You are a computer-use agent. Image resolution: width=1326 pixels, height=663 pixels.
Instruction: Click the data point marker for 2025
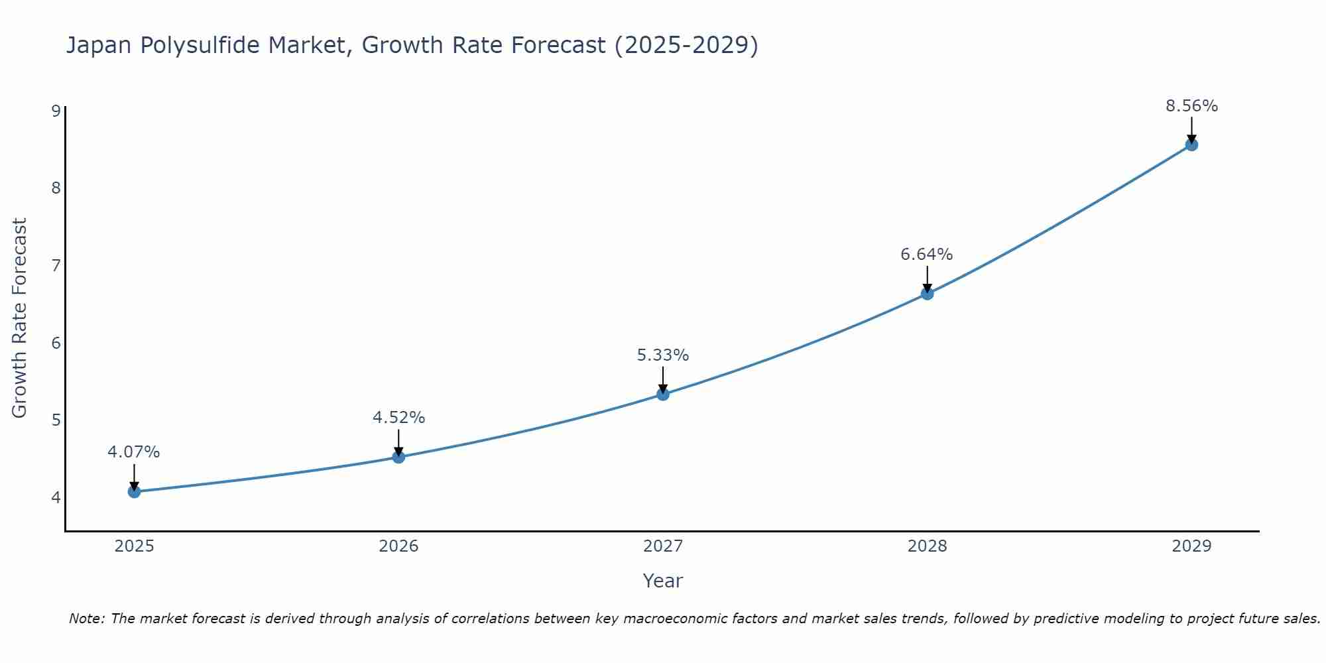click(x=134, y=491)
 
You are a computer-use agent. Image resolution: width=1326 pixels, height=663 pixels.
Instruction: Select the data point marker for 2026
click(x=398, y=457)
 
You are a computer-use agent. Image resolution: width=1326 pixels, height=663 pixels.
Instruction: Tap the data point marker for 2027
click(x=663, y=394)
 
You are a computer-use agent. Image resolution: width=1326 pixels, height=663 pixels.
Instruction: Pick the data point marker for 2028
click(x=927, y=294)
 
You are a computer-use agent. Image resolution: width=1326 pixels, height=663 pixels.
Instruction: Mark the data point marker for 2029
click(x=1191, y=145)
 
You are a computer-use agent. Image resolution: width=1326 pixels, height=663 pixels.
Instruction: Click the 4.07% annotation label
click(x=134, y=452)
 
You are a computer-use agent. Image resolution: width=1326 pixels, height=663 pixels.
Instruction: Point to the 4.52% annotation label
click(x=398, y=418)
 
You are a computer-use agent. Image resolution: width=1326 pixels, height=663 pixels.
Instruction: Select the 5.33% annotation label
click(x=663, y=355)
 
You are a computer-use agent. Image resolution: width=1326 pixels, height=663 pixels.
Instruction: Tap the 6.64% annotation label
click(x=927, y=255)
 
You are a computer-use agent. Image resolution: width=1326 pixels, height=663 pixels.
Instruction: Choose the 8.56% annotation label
click(x=1191, y=106)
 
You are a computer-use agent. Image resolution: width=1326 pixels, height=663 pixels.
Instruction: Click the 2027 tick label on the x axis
click(x=663, y=546)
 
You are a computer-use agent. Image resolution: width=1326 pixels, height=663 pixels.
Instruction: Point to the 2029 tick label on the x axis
click(x=1191, y=546)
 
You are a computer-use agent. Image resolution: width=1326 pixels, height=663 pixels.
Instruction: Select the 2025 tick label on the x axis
click(x=134, y=546)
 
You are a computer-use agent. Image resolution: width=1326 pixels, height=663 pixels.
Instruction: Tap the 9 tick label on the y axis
click(x=56, y=111)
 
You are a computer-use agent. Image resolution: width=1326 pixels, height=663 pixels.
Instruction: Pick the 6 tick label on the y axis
click(x=56, y=343)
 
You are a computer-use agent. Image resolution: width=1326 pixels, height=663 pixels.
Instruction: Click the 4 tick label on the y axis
click(x=56, y=497)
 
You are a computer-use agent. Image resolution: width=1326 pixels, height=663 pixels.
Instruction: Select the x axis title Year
click(x=663, y=581)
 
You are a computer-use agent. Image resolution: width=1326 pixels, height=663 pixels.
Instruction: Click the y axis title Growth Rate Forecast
click(x=20, y=318)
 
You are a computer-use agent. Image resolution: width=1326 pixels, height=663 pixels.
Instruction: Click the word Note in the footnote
click(x=86, y=619)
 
